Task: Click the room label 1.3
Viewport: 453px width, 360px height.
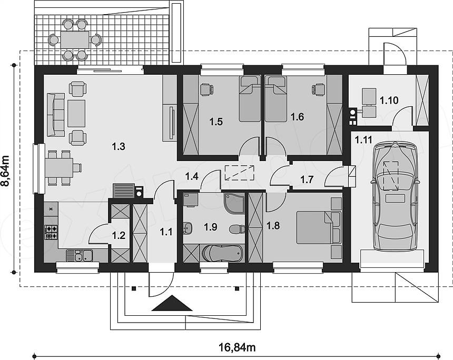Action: click(x=119, y=147)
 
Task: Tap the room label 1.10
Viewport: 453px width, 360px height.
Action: click(x=389, y=101)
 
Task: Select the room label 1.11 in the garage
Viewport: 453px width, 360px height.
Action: click(x=363, y=140)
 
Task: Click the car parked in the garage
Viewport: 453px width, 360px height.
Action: click(x=395, y=197)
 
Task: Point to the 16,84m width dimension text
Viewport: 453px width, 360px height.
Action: click(x=237, y=347)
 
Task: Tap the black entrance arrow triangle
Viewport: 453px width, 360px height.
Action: click(x=172, y=303)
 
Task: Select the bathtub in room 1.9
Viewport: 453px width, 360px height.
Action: click(x=222, y=253)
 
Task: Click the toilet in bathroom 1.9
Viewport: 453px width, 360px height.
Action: click(x=237, y=229)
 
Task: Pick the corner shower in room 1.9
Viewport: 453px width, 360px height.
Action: click(x=234, y=204)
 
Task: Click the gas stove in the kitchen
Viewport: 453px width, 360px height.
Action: click(x=51, y=233)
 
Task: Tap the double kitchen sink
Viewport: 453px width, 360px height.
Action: click(x=79, y=255)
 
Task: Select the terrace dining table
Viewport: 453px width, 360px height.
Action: click(x=75, y=40)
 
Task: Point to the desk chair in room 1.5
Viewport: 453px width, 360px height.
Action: click(x=206, y=89)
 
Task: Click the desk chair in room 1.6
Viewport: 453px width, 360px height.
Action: click(x=318, y=89)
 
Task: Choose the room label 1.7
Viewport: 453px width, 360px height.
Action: click(x=307, y=179)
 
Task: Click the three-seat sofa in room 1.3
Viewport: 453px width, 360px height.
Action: click(x=55, y=114)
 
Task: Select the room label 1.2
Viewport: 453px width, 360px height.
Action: click(x=119, y=236)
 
